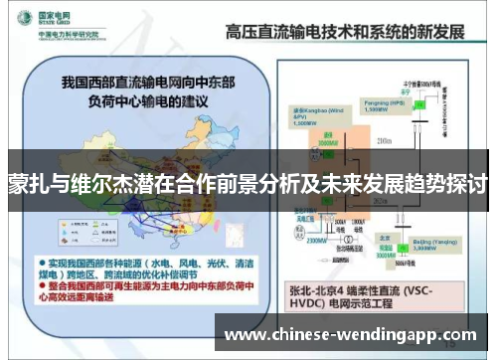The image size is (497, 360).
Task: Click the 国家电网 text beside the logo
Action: [x=52, y=13]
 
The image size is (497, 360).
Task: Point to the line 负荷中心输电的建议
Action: [x=135, y=98]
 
